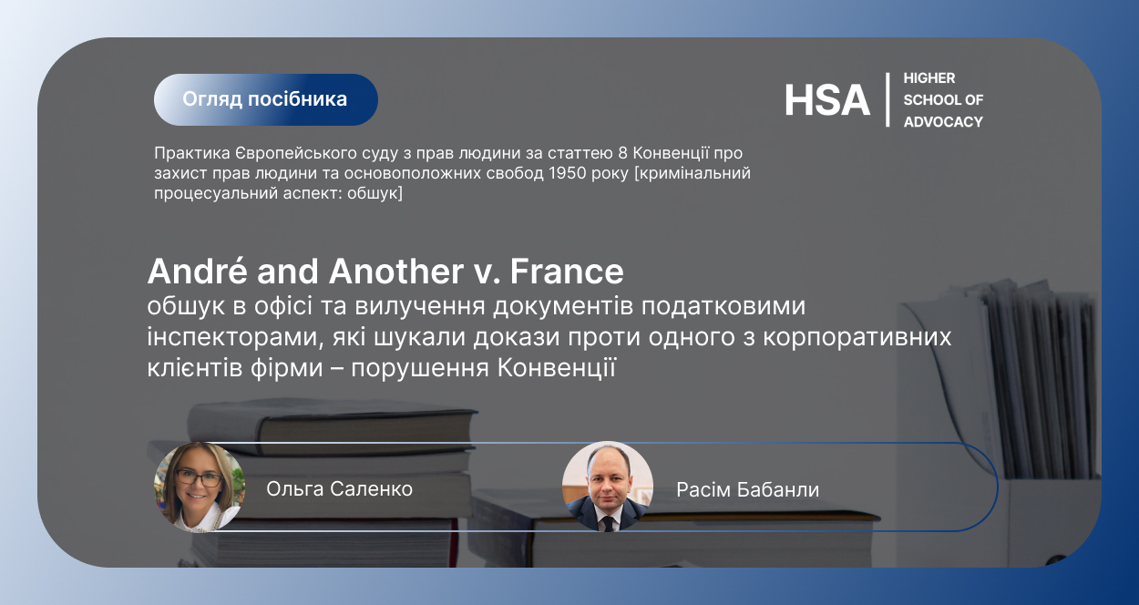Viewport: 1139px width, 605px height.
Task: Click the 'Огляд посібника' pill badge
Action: (x=266, y=99)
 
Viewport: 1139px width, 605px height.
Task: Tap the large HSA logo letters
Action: (x=826, y=100)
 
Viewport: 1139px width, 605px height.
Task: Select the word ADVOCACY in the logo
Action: (x=943, y=122)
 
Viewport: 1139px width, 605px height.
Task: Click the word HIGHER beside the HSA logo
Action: (x=929, y=78)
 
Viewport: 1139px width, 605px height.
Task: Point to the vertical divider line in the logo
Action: (x=888, y=99)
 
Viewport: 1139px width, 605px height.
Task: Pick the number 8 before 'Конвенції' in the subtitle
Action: (x=623, y=153)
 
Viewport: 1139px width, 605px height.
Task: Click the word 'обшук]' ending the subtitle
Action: (x=375, y=194)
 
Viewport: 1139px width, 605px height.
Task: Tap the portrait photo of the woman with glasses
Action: (x=200, y=487)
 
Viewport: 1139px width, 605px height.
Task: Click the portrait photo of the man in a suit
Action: (x=608, y=487)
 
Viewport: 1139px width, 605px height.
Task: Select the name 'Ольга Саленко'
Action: (x=339, y=488)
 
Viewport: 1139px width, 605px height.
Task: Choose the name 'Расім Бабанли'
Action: (x=747, y=489)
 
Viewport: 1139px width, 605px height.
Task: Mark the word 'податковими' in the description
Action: (x=723, y=306)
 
